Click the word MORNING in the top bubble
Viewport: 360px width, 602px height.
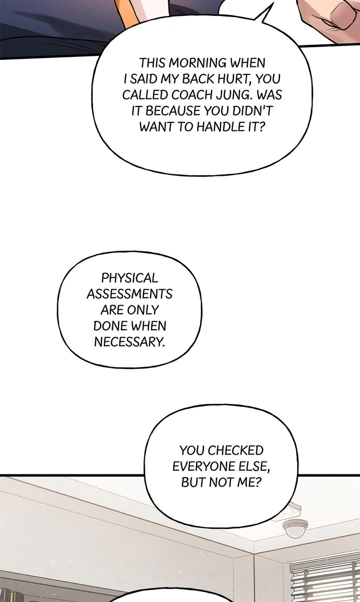click(x=197, y=63)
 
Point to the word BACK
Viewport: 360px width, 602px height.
click(x=198, y=79)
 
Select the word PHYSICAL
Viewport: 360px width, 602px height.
click(x=129, y=278)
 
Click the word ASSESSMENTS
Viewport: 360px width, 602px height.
click(x=129, y=294)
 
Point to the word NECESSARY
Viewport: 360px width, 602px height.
click(x=129, y=342)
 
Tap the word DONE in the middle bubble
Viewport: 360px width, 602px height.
click(x=107, y=326)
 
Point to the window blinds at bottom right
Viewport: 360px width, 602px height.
click(x=325, y=579)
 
